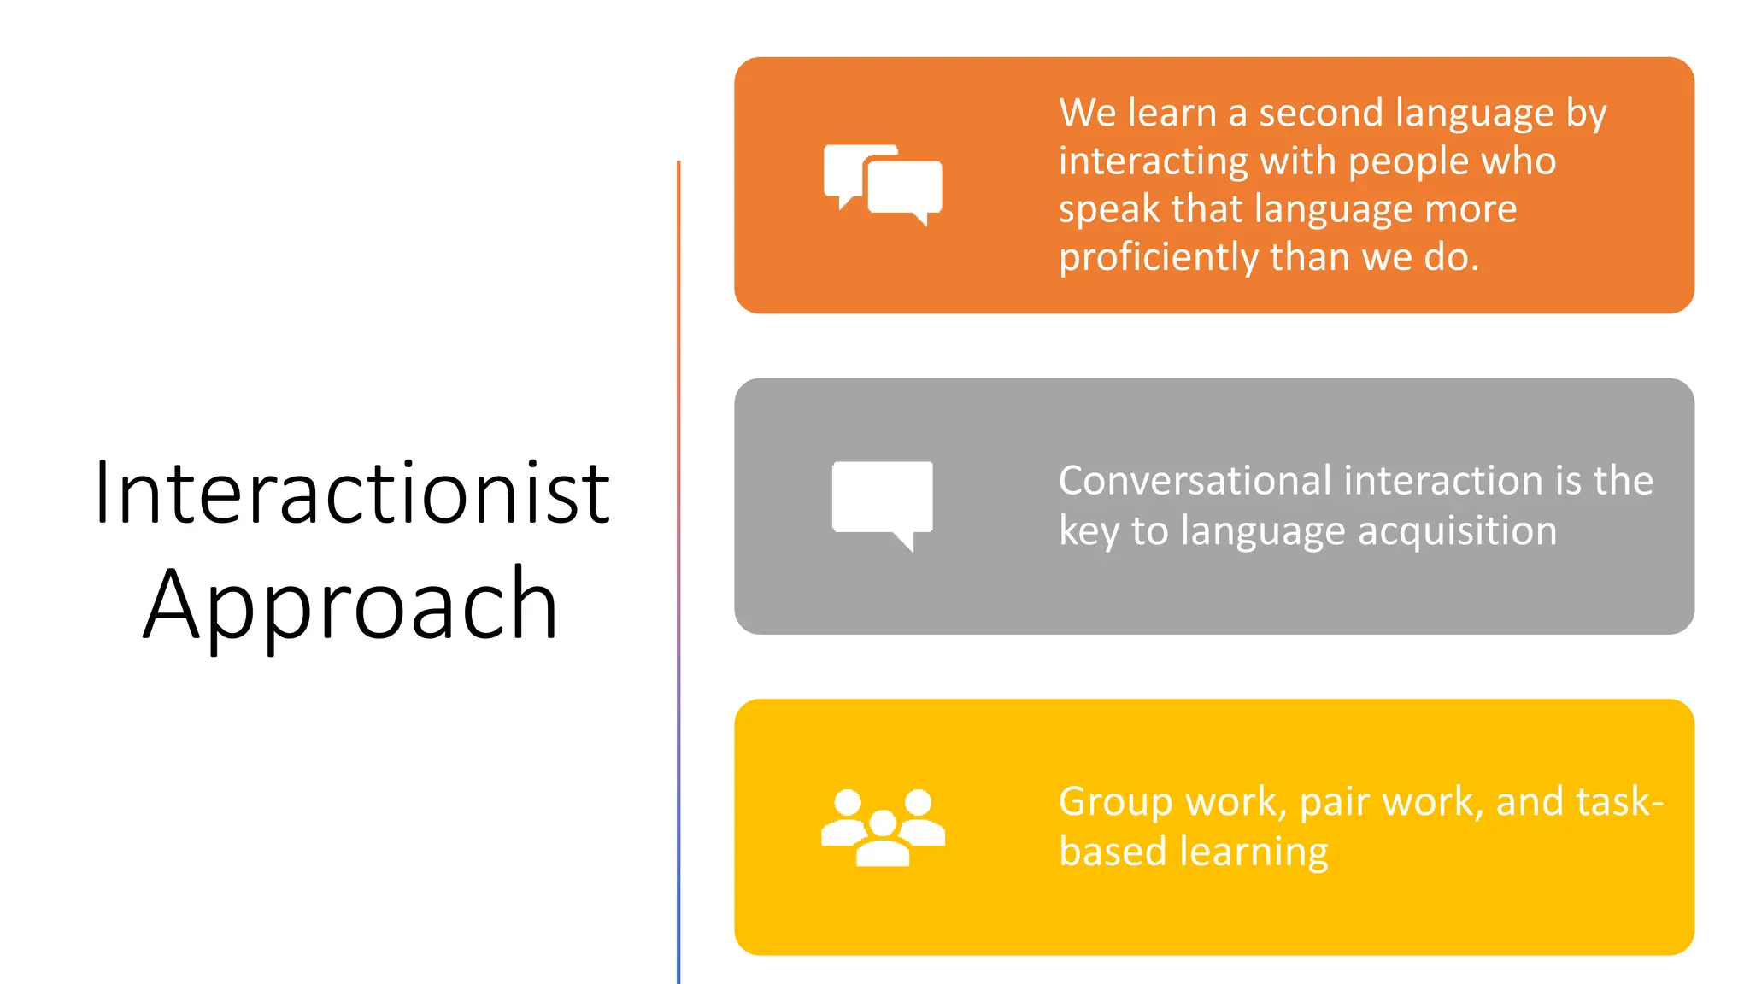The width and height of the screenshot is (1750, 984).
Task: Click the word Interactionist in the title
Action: coord(352,493)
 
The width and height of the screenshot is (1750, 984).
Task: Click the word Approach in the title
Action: coord(350,605)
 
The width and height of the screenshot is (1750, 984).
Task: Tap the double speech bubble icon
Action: coord(883,184)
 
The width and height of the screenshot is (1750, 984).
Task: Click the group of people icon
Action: coord(883,827)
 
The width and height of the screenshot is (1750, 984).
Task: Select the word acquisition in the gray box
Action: coord(1457,530)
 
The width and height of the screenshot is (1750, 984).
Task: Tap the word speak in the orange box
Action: coord(1108,209)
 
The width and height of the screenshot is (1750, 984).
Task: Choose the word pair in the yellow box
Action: coord(1335,802)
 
